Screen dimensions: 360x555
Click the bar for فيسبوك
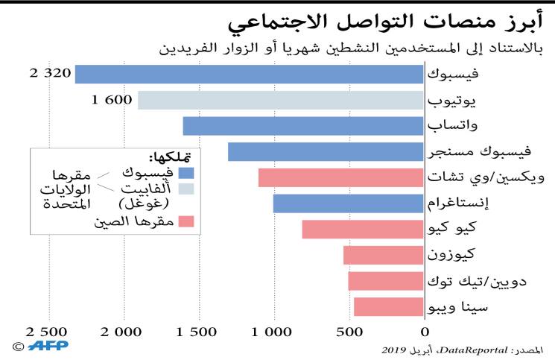[250, 74]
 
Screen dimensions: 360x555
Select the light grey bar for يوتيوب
[281, 100]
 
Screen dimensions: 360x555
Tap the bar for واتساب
[303, 125]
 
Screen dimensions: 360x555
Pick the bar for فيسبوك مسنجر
[326, 151]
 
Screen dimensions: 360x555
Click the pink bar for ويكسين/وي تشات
[341, 177]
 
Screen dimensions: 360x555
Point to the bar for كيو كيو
[363, 229]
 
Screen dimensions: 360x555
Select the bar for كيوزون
[384, 255]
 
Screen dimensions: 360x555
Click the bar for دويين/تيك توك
[386, 281]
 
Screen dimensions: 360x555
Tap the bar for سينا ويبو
[388, 306]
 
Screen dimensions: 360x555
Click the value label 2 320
[50, 74]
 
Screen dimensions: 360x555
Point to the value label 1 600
[112, 100]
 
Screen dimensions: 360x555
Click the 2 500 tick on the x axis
[45, 332]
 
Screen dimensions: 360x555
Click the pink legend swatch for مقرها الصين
[186, 221]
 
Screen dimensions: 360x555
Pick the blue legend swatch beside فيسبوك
[186, 173]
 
